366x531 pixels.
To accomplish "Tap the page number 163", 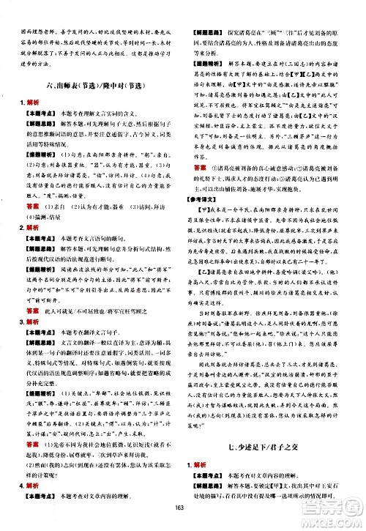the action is (x=182, y=519).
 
